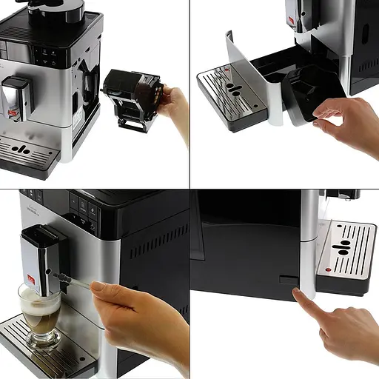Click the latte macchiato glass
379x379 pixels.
pyautogui.click(x=40, y=315)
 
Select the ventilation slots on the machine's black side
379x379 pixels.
pyautogui.click(x=155, y=241)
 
